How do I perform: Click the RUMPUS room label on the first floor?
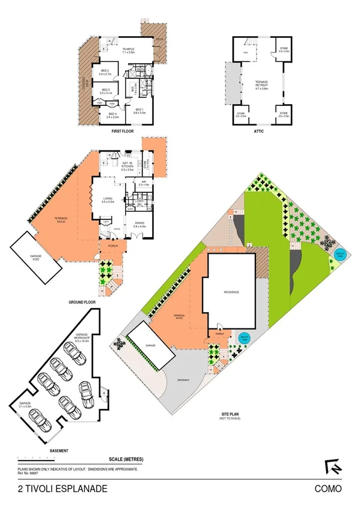[128, 50]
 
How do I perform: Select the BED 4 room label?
[112, 115]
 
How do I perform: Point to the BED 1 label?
[140, 111]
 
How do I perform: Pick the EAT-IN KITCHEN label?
[127, 165]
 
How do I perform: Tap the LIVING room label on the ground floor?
[108, 200]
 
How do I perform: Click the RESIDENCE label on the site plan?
[232, 292]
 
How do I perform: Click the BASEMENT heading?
[59, 450]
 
